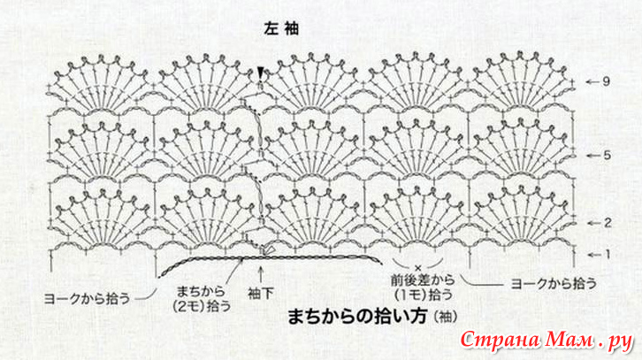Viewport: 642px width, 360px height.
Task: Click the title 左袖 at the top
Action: pyautogui.click(x=281, y=28)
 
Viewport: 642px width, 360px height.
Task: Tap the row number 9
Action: pyautogui.click(x=606, y=81)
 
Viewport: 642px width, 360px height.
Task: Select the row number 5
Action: pyautogui.click(x=607, y=155)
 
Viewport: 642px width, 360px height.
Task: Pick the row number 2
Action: pyautogui.click(x=608, y=223)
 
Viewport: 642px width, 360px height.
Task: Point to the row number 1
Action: pyautogui.click(x=608, y=255)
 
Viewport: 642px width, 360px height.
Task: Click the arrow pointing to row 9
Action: pyautogui.click(x=592, y=82)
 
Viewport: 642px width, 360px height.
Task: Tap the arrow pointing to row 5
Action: pyautogui.click(x=592, y=156)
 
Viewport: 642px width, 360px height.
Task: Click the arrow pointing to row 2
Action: pyautogui.click(x=593, y=223)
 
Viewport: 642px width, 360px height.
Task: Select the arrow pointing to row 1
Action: pyautogui.click(x=594, y=255)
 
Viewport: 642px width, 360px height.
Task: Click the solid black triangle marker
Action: pyautogui.click(x=260, y=73)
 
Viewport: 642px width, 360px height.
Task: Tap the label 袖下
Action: pyautogui.click(x=260, y=294)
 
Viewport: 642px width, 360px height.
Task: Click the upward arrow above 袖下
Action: pyautogui.click(x=260, y=274)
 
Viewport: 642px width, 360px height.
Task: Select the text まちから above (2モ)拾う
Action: pyautogui.click(x=201, y=292)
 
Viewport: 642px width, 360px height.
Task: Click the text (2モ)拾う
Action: pyautogui.click(x=202, y=306)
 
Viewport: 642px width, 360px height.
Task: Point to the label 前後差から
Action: pyautogui.click(x=423, y=280)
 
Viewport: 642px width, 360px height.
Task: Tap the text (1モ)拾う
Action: pyautogui.click(x=424, y=295)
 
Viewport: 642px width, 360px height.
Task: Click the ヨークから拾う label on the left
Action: pyautogui.click(x=88, y=298)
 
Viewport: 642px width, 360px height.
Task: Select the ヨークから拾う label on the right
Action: pyautogui.click(x=554, y=283)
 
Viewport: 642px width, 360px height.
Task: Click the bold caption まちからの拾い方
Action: pyautogui.click(x=357, y=316)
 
